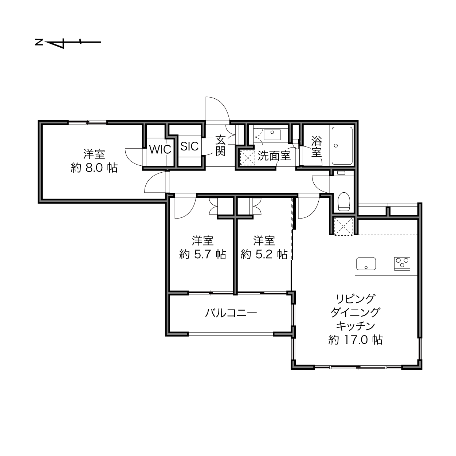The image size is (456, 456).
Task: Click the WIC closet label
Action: click(160, 150)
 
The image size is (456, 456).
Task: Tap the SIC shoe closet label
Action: click(189, 146)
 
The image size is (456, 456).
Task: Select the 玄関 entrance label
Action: click(220, 146)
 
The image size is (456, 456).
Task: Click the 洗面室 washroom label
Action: click(274, 156)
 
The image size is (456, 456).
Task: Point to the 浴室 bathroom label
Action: click(317, 147)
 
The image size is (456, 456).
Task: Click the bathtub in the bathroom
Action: click(342, 146)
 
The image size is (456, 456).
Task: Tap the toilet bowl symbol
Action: click(344, 201)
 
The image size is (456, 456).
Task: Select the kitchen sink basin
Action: click(366, 264)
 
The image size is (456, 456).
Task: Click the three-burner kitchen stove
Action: click(402, 264)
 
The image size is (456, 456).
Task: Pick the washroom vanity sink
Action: click(272, 135)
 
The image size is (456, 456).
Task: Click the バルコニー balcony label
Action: click(231, 313)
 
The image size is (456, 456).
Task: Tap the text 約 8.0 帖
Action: click(94, 168)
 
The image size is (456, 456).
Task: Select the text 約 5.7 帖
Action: click(203, 255)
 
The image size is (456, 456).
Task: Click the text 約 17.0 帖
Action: click(355, 340)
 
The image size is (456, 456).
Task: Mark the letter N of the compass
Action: click(39, 43)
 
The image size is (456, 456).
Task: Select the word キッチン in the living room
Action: click(355, 326)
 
